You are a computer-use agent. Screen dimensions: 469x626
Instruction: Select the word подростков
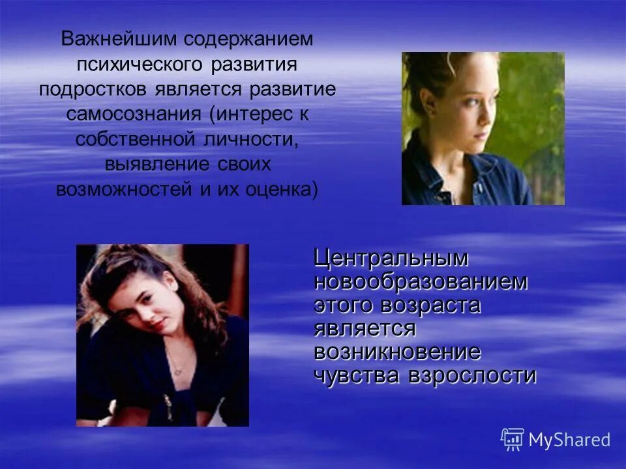pos(96,89)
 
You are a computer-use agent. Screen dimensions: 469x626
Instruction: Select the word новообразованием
pos(421,282)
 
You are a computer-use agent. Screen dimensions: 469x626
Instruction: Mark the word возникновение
pos(397,353)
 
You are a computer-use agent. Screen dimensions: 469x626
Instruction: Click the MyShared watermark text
pos(569,440)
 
